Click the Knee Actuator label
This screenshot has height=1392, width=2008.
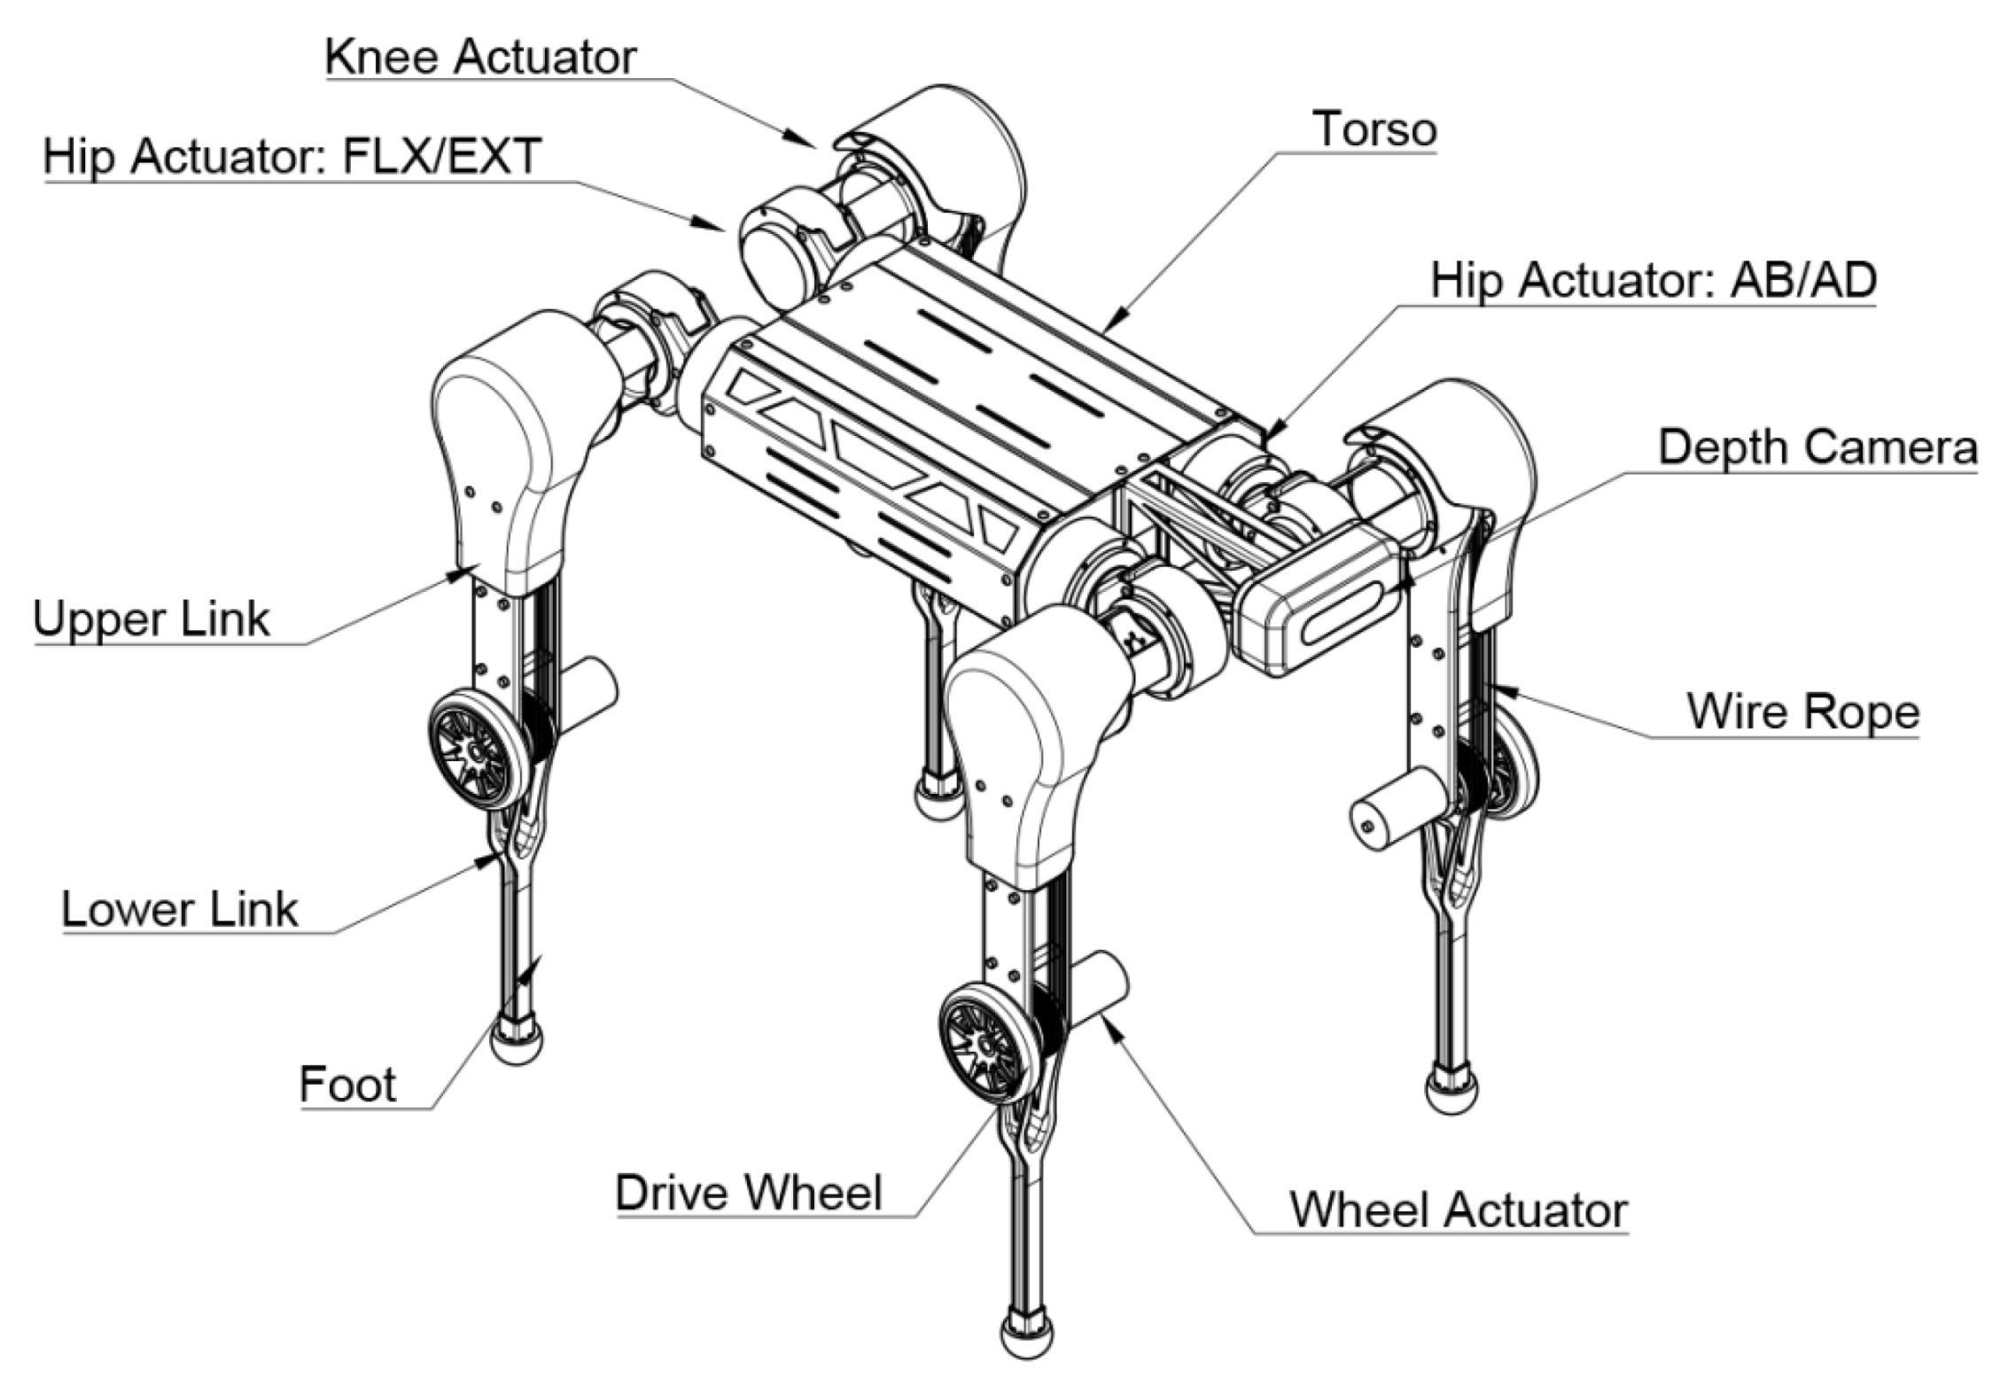[480, 58]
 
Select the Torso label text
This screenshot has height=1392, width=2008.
[1374, 130]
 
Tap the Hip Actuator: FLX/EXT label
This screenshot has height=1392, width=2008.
[292, 158]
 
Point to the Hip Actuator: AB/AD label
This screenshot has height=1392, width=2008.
[1654, 281]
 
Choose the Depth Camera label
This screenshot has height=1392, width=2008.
[1817, 447]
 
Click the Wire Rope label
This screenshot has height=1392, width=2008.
[1802, 712]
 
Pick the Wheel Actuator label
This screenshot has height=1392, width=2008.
[1459, 1210]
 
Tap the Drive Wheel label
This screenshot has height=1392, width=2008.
[749, 1193]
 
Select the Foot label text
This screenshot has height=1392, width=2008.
[347, 1085]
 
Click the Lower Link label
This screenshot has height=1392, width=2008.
[180, 910]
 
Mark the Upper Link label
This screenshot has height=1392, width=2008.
[151, 619]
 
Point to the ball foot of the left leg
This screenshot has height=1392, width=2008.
[517, 1042]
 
